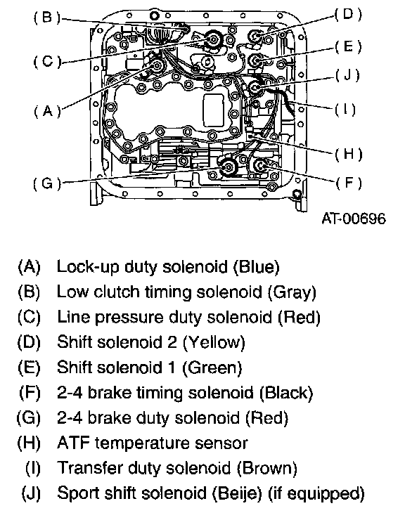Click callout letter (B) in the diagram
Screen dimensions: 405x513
pyautogui.click(x=47, y=18)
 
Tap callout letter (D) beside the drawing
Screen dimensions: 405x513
pyautogui.click(x=348, y=14)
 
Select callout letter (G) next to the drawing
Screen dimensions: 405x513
pyautogui.click(x=47, y=183)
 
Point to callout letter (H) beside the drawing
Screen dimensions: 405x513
pyautogui.click(x=348, y=154)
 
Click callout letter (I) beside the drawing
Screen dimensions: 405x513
pyautogui.click(x=345, y=110)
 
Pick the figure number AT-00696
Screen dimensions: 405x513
pyautogui.click(x=354, y=219)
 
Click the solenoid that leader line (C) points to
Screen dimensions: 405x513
pyautogui.click(x=214, y=40)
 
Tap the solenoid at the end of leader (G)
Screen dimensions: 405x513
pyautogui.click(x=228, y=167)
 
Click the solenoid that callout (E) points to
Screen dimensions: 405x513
pyautogui.click(x=255, y=60)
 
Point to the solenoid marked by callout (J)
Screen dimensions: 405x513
pyautogui.click(x=255, y=87)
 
